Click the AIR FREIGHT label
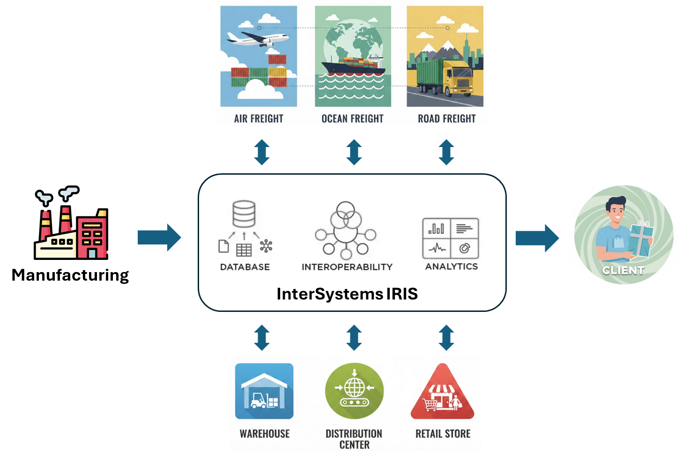pyautogui.click(x=259, y=118)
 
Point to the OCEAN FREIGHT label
pyautogui.click(x=352, y=118)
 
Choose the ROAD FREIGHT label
pyautogui.click(x=446, y=118)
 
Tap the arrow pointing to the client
pyautogui.click(x=537, y=238)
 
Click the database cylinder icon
pyautogui.click(x=244, y=214)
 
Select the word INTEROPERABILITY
pyautogui.click(x=347, y=267)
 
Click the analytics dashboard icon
pyautogui.click(x=451, y=238)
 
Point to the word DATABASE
pyautogui.click(x=245, y=267)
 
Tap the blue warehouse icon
pyautogui.click(x=264, y=391)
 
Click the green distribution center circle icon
pyautogui.click(x=354, y=391)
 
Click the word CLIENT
pyautogui.click(x=623, y=270)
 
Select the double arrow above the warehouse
pyautogui.click(x=262, y=338)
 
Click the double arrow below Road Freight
pyautogui.click(x=446, y=152)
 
